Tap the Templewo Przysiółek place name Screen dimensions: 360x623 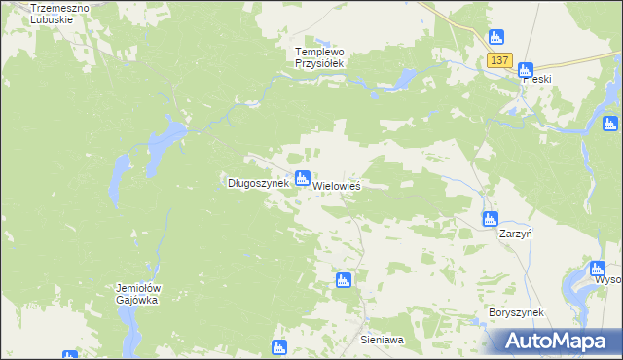[x=320, y=56]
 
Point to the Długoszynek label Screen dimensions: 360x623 [x=258, y=182]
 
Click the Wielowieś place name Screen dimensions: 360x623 [x=337, y=185]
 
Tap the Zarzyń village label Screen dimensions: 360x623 [x=514, y=234]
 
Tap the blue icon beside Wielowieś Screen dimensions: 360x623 [x=302, y=177]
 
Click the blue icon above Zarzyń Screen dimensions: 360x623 [x=491, y=219]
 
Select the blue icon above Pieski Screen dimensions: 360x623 [x=526, y=69]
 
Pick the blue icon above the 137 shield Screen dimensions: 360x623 [x=495, y=37]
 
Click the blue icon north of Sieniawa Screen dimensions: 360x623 [x=343, y=280]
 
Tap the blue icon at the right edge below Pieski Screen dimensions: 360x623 [x=610, y=124]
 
